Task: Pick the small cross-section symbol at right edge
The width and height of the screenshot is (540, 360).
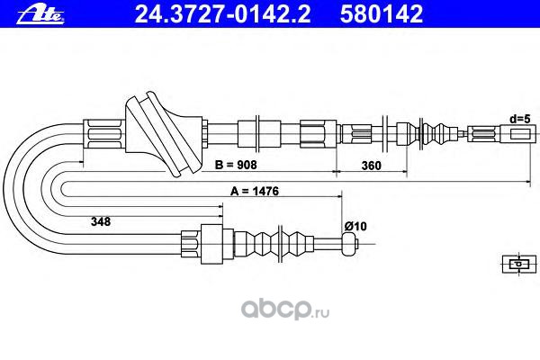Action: pyautogui.click(x=517, y=263)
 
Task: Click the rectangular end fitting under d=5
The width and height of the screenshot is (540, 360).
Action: pyautogui.click(x=520, y=134)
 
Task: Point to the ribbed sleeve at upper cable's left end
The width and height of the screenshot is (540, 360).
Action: pyautogui.click(x=101, y=135)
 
